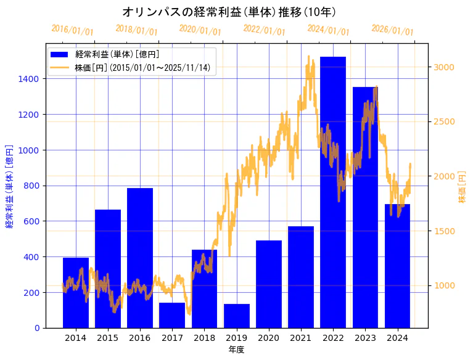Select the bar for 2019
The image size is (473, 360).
237,316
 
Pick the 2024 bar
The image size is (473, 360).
397,266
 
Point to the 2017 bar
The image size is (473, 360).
172,315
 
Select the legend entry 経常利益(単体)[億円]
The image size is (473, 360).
117,54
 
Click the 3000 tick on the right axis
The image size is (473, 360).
444,67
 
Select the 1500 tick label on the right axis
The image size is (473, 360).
444,231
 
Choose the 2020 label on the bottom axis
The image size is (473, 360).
269,337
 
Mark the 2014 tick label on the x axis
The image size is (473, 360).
76,337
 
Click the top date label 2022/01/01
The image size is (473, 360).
264,30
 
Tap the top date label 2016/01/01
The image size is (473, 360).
72,30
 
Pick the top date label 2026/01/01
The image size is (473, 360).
392,30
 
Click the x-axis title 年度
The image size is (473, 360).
236,350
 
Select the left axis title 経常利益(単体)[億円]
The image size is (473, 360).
9,186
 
